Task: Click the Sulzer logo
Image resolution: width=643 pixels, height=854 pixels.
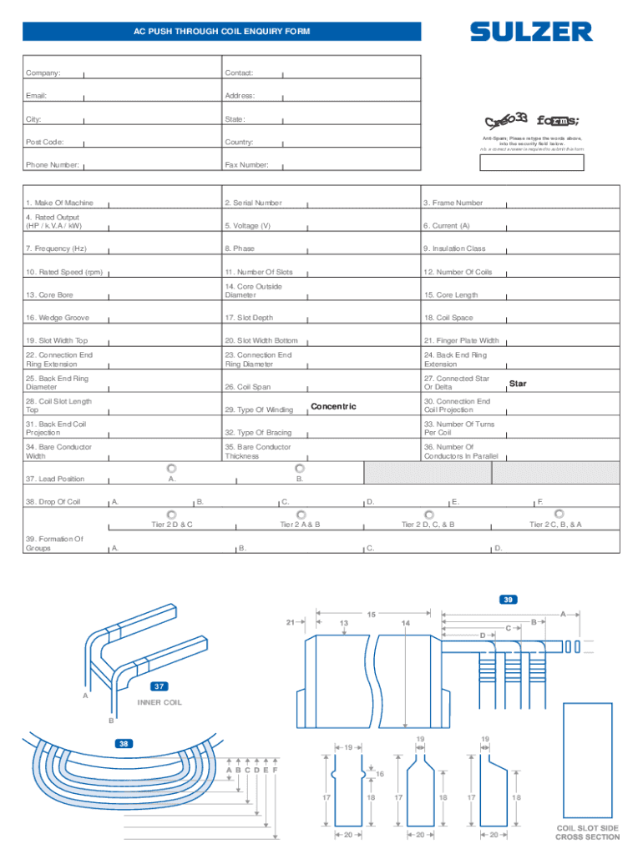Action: pos(531,32)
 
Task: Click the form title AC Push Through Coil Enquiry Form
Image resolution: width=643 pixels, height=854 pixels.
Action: pos(221,32)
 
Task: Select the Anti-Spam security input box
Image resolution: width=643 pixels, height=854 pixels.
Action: pos(532,162)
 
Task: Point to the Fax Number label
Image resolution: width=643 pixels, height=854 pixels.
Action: pos(246,165)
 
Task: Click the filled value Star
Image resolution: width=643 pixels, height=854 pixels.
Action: pos(518,384)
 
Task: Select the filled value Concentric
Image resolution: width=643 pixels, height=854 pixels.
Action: pos(333,406)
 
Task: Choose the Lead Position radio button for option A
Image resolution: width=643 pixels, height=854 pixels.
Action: pos(171,468)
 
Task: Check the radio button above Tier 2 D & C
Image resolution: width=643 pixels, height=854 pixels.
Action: pos(172,514)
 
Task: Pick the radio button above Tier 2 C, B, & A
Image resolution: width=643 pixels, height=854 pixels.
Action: pos(559,514)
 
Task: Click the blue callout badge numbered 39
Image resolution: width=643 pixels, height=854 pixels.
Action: pos(508,600)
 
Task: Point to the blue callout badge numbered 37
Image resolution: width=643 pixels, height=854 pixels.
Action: pos(159,686)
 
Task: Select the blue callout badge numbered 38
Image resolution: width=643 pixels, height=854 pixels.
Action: pos(124,743)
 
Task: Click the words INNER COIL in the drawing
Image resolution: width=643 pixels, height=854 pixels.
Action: pos(159,702)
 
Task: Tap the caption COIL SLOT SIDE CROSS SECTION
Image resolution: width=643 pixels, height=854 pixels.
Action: pos(588,832)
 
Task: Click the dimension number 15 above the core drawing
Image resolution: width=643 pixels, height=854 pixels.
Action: pos(370,615)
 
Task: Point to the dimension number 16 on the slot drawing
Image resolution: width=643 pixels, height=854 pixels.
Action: pos(380,775)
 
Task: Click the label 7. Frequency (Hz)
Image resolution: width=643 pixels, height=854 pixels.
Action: pos(56,249)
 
